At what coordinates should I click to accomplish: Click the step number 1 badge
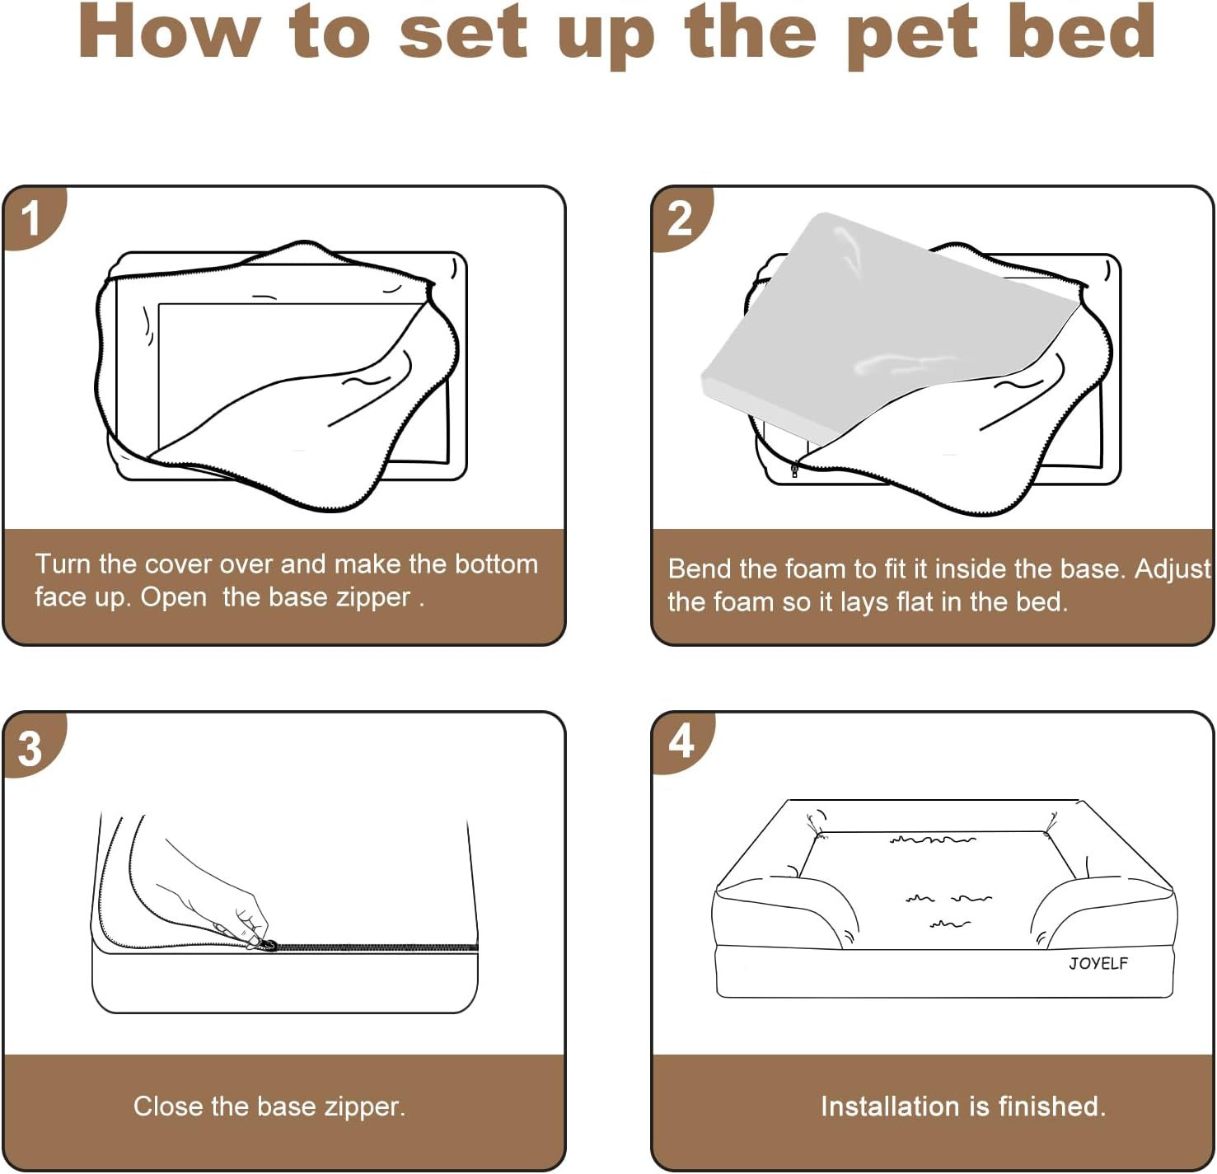point(31,217)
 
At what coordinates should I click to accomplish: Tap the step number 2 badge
point(681,218)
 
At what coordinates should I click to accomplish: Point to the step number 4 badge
point(681,741)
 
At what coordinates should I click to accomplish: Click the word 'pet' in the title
point(912,35)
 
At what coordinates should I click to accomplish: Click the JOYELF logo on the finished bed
point(1098,963)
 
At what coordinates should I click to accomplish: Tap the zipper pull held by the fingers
point(270,945)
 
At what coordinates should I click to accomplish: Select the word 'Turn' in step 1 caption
point(63,564)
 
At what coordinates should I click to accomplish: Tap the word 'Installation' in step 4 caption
point(892,1106)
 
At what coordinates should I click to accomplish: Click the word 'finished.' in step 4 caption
point(1052,1106)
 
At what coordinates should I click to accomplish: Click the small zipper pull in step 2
point(795,470)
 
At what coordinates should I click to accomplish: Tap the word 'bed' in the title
point(1081,31)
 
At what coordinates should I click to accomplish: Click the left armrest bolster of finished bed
point(786,913)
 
